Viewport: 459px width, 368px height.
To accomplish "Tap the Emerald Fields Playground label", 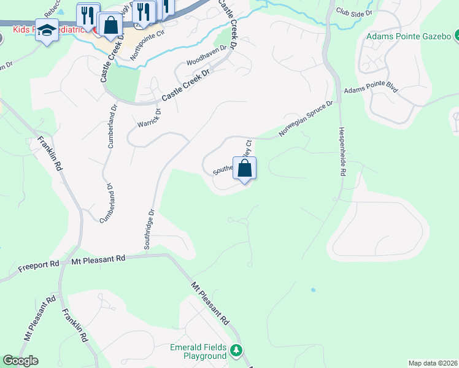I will tap(198, 351).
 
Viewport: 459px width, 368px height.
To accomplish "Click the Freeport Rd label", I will tap(39, 264).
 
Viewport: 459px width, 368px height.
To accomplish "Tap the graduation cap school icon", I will tap(47, 29).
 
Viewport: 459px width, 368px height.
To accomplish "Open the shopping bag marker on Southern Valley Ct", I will tap(244, 167).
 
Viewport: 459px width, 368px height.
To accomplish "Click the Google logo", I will tap(20, 361).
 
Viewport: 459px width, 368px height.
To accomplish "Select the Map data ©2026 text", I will tap(432, 363).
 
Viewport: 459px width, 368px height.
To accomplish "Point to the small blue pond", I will tap(313, 289).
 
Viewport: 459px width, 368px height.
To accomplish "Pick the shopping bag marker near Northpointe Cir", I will tap(111, 26).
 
